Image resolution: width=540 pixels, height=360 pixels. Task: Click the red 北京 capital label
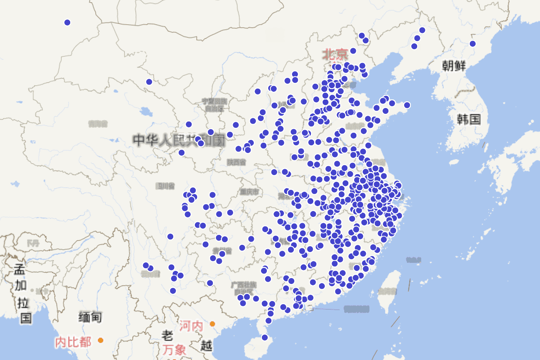coord(335,55)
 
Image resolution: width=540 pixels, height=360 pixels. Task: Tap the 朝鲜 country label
coord(454,66)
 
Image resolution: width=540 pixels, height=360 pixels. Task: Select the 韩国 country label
coord(469,119)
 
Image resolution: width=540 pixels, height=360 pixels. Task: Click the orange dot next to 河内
coord(212,324)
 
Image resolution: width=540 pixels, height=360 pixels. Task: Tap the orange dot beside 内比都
coord(100,340)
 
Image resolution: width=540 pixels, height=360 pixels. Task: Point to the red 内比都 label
coord(73,342)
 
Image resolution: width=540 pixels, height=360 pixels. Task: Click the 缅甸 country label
coord(90,317)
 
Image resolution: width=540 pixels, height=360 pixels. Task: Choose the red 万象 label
coord(175,349)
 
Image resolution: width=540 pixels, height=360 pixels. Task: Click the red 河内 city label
coord(191,325)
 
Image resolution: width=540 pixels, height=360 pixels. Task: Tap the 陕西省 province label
coord(236,162)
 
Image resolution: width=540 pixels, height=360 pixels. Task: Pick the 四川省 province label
coord(165,185)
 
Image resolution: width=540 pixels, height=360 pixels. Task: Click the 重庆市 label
coord(249,192)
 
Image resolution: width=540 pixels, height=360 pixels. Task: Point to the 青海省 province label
coord(98,123)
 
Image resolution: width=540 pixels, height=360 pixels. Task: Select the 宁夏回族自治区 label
coord(214,105)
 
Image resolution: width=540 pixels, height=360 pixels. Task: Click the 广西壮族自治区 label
coord(243,288)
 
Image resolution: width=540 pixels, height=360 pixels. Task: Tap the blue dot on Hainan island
coord(265,337)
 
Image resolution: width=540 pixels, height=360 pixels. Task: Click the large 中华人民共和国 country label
coord(179,140)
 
